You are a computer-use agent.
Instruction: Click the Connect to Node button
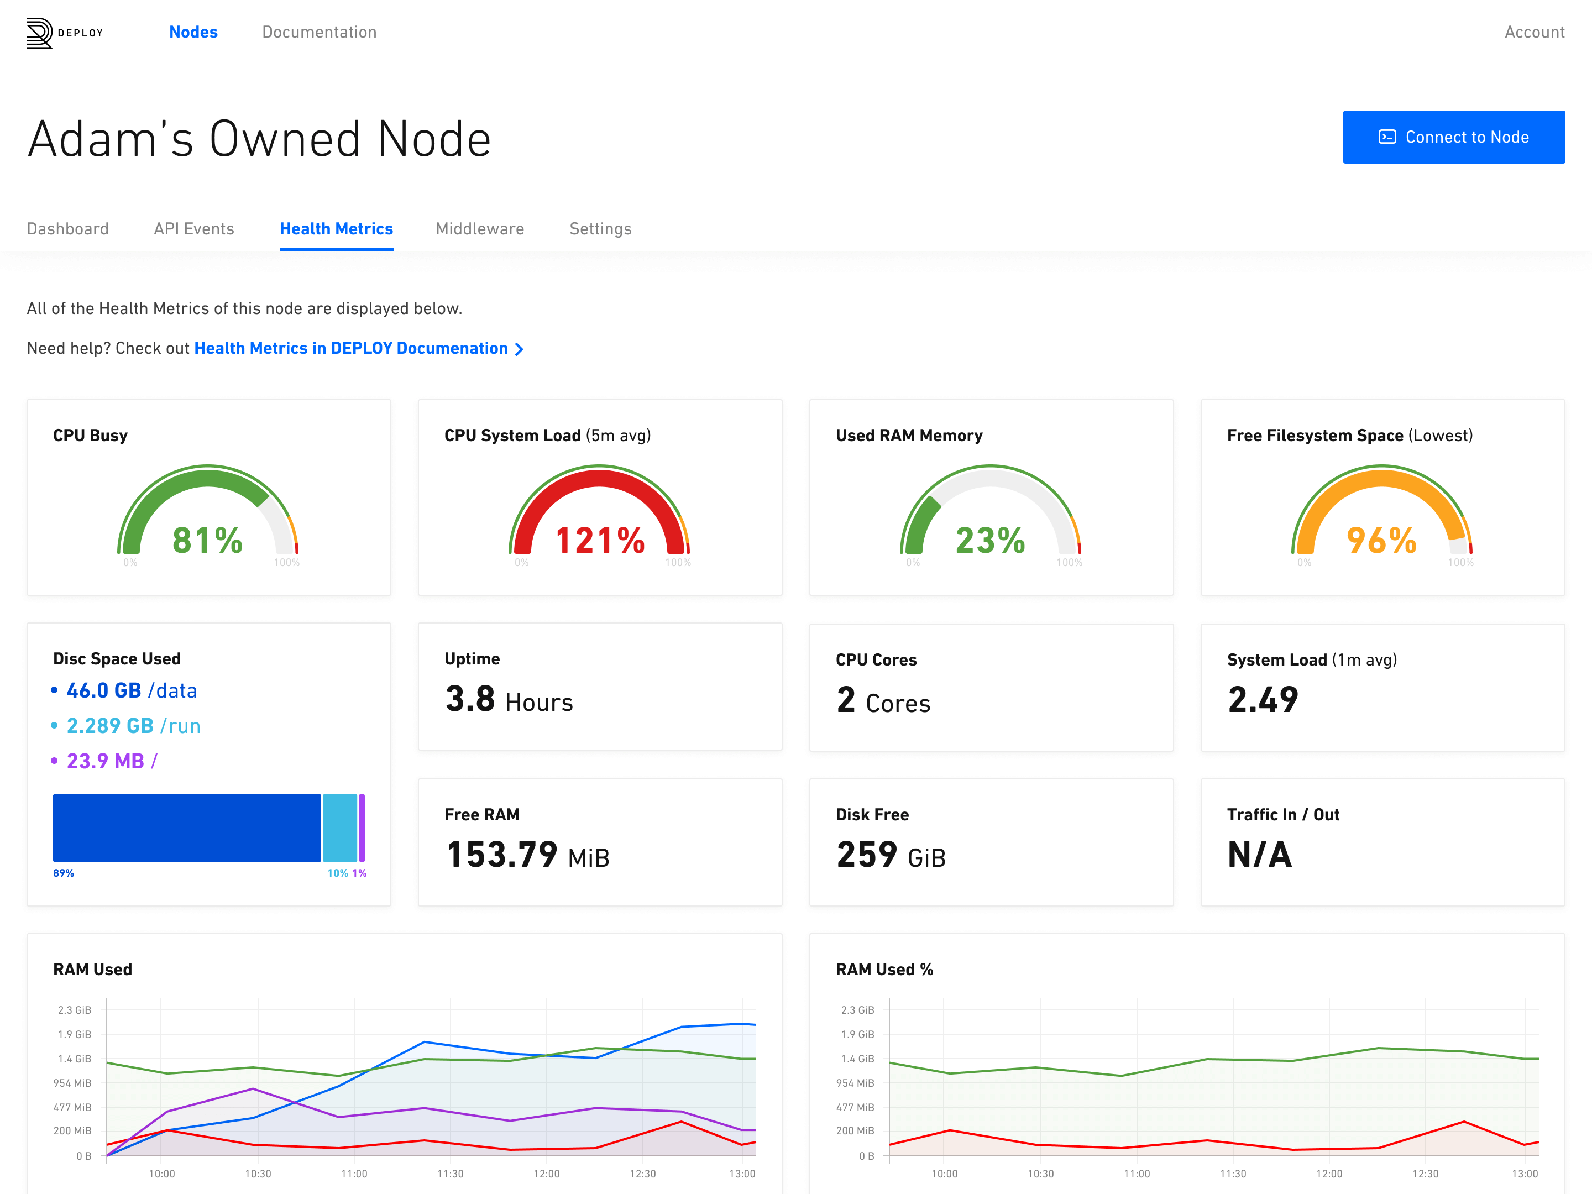tap(1453, 137)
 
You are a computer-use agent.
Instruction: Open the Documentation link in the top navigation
tap(320, 32)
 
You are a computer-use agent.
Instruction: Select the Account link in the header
tap(1535, 32)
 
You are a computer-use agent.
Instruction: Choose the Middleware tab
tap(480, 229)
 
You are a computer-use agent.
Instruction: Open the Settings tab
tap(600, 229)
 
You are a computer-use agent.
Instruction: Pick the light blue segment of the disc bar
tap(340, 828)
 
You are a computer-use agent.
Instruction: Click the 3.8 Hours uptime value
tap(509, 700)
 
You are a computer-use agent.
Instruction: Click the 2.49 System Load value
tap(1263, 700)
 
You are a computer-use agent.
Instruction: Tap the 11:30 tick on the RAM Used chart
tap(451, 1174)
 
